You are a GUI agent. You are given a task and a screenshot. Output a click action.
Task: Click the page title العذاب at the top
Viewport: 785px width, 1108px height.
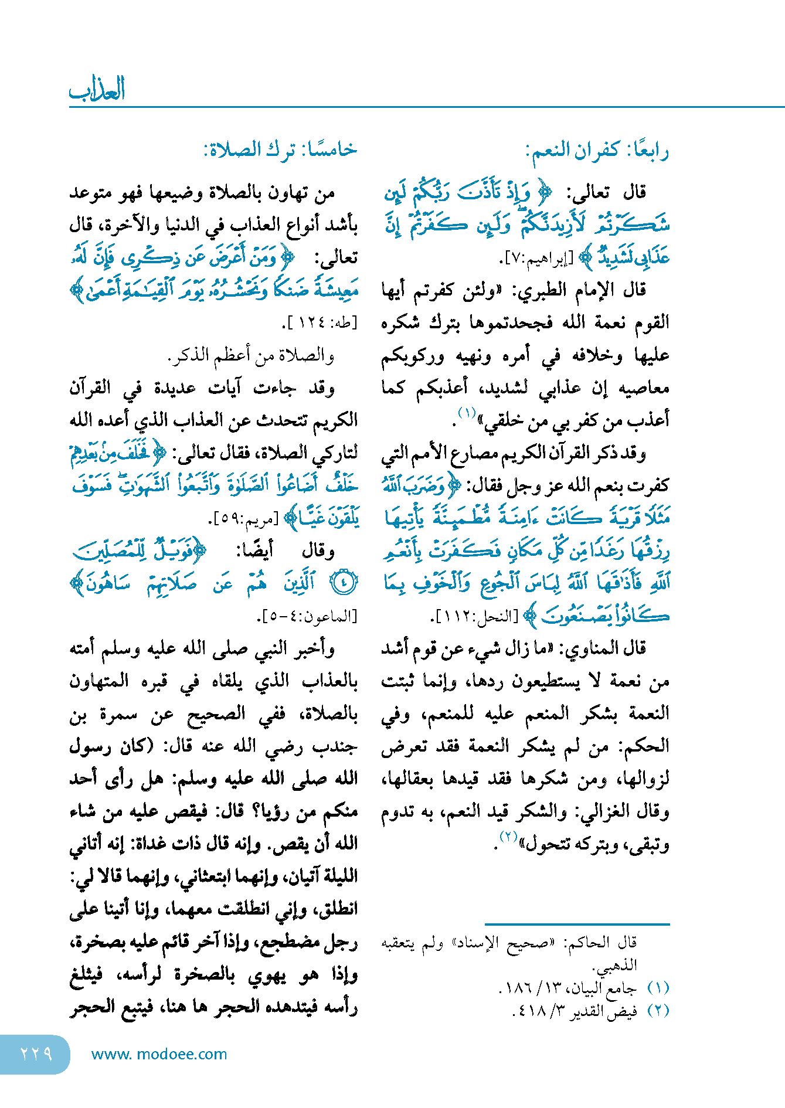(x=97, y=90)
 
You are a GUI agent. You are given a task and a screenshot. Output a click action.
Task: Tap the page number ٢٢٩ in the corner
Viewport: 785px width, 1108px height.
(x=36, y=1053)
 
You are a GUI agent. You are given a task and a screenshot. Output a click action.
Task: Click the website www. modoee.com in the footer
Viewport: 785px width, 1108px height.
(x=159, y=1054)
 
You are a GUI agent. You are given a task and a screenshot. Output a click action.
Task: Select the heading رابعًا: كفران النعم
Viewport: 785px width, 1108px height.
(x=597, y=151)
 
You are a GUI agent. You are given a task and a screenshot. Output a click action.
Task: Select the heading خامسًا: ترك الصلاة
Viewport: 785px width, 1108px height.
(x=280, y=150)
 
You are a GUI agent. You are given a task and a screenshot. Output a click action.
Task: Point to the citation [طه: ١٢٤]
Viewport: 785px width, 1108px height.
(x=320, y=323)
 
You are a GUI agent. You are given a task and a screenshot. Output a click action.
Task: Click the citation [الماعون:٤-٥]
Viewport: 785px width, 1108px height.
(x=307, y=617)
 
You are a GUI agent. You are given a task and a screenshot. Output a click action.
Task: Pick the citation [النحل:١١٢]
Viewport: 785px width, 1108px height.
(x=475, y=617)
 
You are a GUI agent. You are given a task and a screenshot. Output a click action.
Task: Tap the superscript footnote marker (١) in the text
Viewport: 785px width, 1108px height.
(x=467, y=413)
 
